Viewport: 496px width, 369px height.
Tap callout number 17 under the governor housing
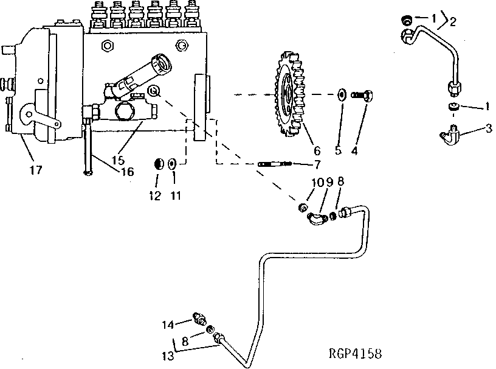(x=36, y=170)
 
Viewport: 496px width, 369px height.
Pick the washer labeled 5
(x=341, y=95)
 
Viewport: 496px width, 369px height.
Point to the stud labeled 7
(x=275, y=164)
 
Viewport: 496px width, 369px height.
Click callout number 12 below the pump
(x=156, y=196)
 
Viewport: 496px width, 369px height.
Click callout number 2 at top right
(x=452, y=22)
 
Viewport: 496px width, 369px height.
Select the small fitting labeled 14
(x=199, y=317)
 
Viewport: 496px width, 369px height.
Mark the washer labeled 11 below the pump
(x=173, y=163)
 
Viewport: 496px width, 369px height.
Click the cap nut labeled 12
(x=157, y=163)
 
